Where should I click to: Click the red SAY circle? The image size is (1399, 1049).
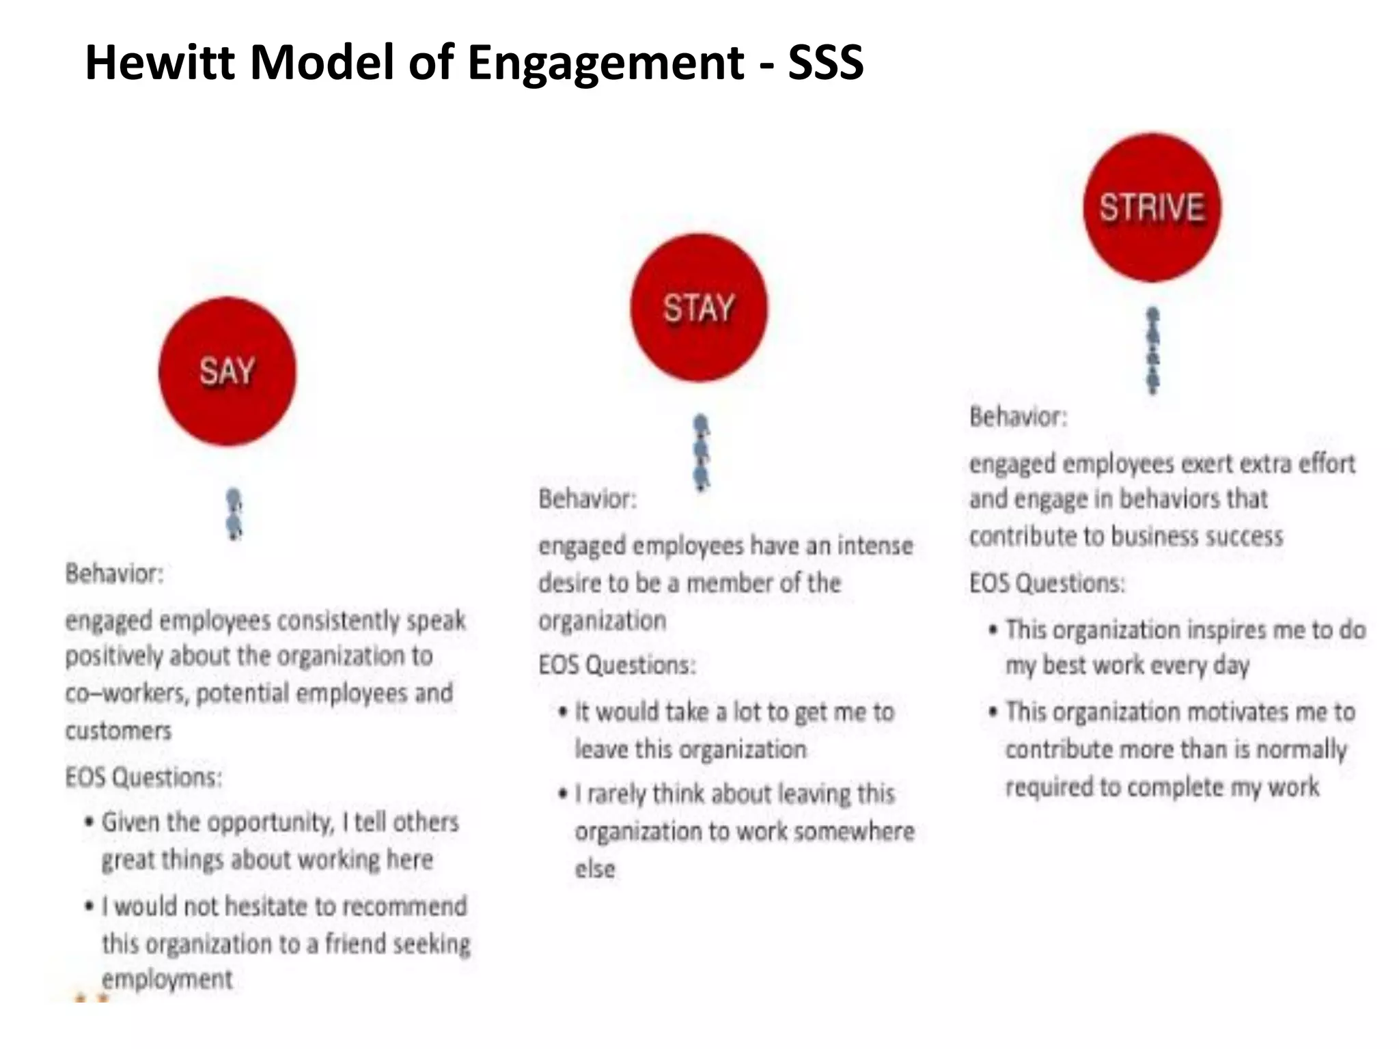pyautogui.click(x=227, y=372)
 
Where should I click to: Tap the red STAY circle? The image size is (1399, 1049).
pyautogui.click(x=698, y=308)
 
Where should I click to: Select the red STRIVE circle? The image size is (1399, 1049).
pyautogui.click(x=1152, y=208)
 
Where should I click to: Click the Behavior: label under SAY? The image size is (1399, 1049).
pyautogui.click(x=115, y=574)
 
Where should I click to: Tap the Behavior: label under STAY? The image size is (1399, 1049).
pyautogui.click(x=587, y=499)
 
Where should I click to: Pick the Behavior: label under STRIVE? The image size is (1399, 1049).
pyautogui.click(x=1018, y=417)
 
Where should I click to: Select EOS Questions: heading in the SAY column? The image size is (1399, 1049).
pyautogui.click(x=143, y=777)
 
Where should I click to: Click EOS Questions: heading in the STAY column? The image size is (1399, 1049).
pyautogui.click(x=617, y=665)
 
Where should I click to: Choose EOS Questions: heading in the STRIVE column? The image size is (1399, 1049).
pyautogui.click(x=1047, y=583)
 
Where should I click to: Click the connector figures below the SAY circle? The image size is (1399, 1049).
pyautogui.click(x=234, y=514)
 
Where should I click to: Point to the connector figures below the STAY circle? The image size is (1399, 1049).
pyautogui.click(x=701, y=452)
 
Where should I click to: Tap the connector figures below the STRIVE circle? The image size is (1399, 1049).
pyautogui.click(x=1153, y=350)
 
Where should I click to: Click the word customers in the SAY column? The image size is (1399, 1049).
pyautogui.click(x=118, y=731)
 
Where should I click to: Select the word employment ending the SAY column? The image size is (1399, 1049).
pyautogui.click(x=167, y=979)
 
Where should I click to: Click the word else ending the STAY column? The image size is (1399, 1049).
pyautogui.click(x=594, y=869)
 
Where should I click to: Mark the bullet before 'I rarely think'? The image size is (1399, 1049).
pyautogui.click(x=563, y=794)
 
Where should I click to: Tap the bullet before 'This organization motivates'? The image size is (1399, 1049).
pyautogui.click(x=993, y=712)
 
